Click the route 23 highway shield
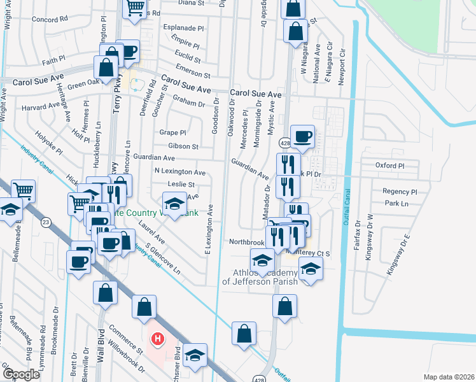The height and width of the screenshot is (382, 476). (x=46, y=222)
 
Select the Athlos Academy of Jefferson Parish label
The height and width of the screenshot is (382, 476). (x=259, y=277)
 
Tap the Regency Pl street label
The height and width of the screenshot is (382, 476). (x=399, y=192)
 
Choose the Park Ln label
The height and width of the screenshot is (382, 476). (x=395, y=204)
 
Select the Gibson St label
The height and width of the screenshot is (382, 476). (x=183, y=146)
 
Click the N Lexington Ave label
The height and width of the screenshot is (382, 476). (x=180, y=172)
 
